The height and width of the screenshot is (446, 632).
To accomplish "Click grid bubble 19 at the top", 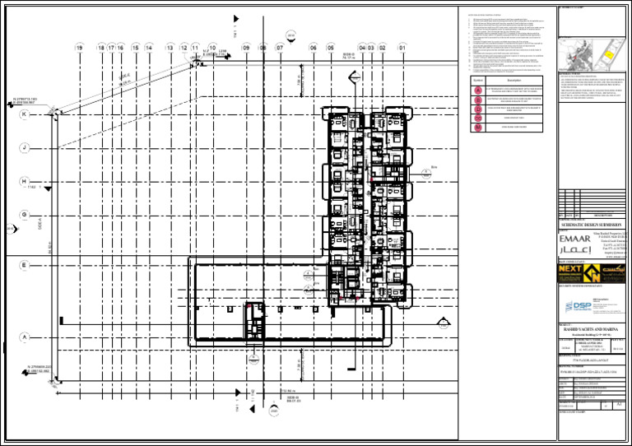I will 79,49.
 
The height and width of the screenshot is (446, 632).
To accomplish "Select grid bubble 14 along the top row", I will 149,49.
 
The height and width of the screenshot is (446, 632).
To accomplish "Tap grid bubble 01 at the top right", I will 402,49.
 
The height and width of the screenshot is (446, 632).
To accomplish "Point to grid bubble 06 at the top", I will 314,49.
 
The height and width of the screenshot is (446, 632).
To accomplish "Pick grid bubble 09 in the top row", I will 246,49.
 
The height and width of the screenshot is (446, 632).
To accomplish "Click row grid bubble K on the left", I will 25,114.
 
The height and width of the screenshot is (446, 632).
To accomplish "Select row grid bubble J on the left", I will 25,148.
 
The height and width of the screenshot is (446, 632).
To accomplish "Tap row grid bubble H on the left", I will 25,181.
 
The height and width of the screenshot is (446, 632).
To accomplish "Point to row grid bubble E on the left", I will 25,265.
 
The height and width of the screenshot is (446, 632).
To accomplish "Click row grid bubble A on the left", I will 25,337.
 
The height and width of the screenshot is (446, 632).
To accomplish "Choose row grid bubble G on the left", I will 25,215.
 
